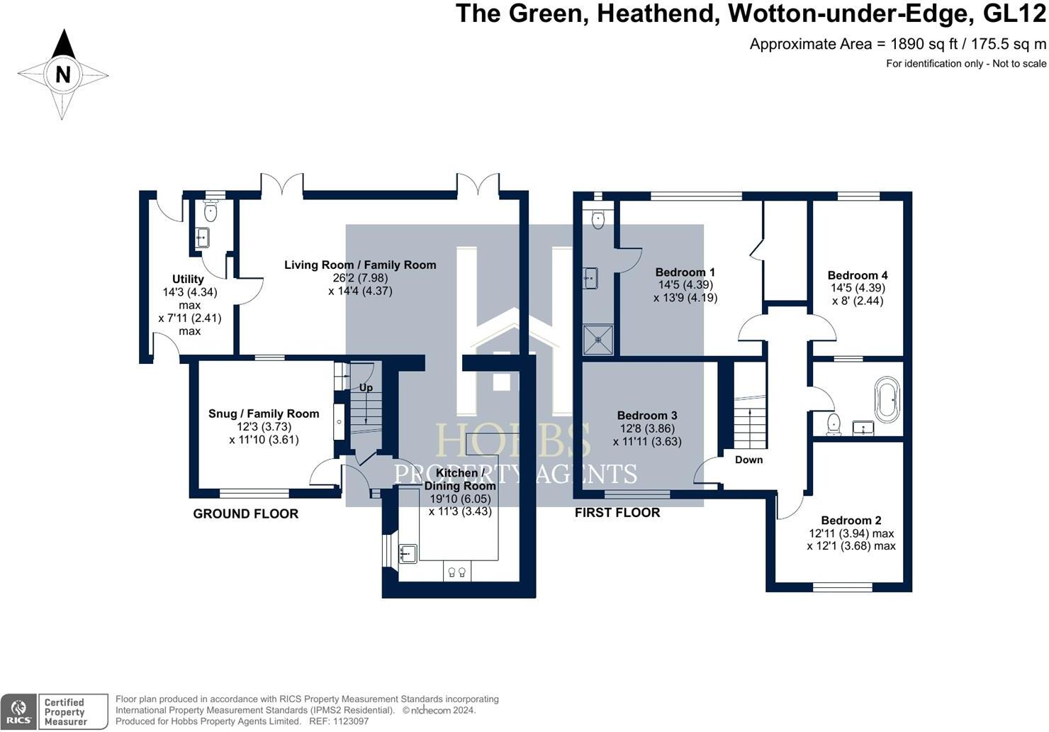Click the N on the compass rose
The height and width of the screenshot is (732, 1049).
tap(63, 74)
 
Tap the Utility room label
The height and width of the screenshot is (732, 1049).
tap(188, 279)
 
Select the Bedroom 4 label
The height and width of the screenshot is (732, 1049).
tap(858, 275)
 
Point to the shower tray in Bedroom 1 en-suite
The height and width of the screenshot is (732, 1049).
tap(598, 340)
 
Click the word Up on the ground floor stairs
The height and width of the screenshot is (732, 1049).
tap(366, 388)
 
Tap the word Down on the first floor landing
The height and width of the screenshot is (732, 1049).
tap(748, 460)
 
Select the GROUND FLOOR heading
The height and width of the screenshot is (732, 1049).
tap(246, 514)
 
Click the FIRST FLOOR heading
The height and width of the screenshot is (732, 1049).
tap(617, 513)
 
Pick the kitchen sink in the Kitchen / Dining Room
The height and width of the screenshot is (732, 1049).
tap(408, 553)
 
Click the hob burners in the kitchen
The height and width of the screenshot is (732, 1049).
tap(457, 572)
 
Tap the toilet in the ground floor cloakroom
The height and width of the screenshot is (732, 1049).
tap(211, 211)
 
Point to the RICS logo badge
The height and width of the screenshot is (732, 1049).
tap(18, 712)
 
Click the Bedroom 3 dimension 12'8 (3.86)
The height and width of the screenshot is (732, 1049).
tap(647, 428)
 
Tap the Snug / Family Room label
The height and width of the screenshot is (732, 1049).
tap(264, 414)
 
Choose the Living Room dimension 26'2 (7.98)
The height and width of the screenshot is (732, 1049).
tap(360, 278)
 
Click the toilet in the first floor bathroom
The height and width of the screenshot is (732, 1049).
tap(834, 424)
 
